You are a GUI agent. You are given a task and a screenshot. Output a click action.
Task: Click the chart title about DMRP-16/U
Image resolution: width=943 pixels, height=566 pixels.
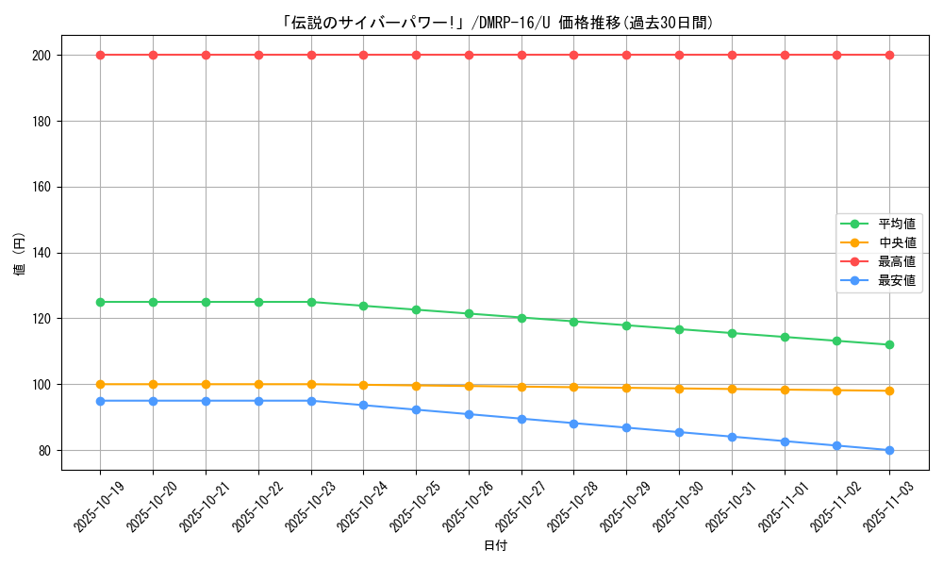coord(497,23)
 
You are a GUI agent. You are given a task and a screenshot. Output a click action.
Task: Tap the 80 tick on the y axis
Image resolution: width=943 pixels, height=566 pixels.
coord(44,451)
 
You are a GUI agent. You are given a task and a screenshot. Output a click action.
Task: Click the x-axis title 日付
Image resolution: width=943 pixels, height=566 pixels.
coord(495,546)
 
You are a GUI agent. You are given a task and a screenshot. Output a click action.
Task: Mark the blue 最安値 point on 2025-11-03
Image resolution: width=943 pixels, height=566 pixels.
coord(889,450)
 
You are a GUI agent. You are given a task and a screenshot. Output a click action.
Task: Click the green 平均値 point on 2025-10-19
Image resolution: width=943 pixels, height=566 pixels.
coord(100,302)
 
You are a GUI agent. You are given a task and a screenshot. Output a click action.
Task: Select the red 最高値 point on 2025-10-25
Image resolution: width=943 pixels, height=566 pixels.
coord(416,55)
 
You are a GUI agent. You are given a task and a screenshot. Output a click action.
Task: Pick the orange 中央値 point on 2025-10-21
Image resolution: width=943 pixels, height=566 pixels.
coord(206,384)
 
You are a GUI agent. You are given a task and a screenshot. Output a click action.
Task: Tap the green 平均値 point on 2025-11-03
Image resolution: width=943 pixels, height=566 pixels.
coord(889,345)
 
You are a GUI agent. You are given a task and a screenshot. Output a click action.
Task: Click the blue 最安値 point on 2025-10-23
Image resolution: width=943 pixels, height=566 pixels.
coord(311,401)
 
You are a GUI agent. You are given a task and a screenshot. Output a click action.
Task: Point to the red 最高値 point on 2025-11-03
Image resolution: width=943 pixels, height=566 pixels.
coord(889,55)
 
